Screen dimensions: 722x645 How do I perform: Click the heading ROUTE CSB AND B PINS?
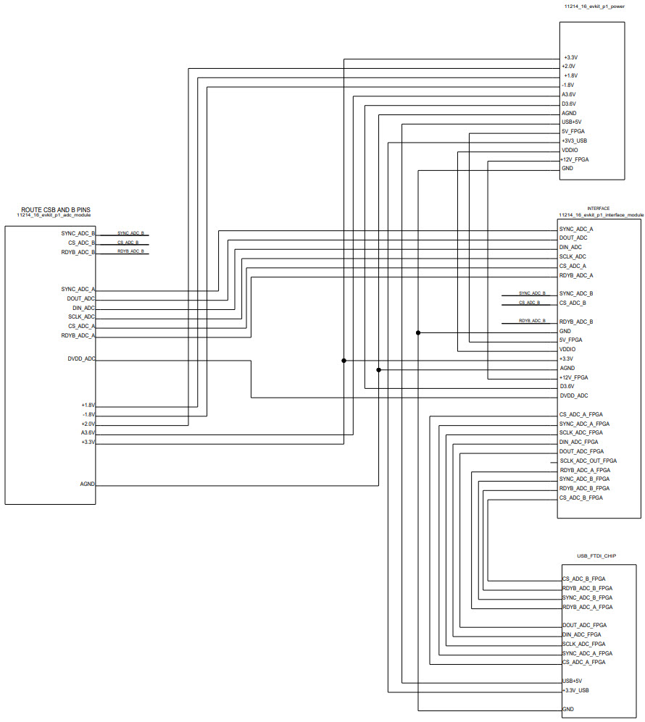click(54, 209)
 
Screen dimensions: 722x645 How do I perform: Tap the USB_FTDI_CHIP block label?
click(596, 556)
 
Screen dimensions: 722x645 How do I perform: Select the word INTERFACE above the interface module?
click(598, 209)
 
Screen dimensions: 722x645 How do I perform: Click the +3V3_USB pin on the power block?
click(574, 140)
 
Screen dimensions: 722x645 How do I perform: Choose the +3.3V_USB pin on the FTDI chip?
click(575, 690)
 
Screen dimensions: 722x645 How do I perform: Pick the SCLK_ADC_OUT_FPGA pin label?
click(588, 461)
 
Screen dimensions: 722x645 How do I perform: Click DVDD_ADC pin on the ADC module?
click(79, 359)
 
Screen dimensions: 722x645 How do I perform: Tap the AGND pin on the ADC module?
click(87, 484)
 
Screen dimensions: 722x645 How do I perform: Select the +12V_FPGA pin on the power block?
click(575, 159)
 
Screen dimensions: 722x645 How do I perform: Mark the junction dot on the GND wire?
click(418, 332)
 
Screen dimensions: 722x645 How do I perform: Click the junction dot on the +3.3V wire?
click(344, 360)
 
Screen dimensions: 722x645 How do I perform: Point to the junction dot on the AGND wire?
click(378, 369)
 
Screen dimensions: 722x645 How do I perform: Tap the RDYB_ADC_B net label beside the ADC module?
click(130, 251)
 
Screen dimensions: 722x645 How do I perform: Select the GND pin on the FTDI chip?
click(568, 709)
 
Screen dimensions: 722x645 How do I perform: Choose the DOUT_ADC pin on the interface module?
click(573, 238)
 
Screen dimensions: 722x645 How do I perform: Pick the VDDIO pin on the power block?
click(570, 150)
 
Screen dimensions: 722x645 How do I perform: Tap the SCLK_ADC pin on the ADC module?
click(81, 316)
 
